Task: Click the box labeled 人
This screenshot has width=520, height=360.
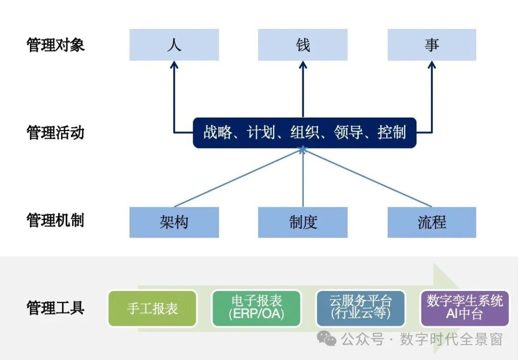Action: click(174, 45)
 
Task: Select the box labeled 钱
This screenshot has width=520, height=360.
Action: click(303, 45)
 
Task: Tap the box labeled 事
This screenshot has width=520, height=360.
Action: click(432, 45)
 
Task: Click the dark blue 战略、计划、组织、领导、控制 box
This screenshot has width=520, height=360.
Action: click(304, 133)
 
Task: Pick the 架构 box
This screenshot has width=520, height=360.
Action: click(174, 222)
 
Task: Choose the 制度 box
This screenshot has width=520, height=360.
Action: click(303, 222)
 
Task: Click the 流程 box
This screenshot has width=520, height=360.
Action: click(432, 222)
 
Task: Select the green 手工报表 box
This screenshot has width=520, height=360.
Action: click(152, 308)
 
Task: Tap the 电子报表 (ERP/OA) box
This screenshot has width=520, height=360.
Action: click(256, 308)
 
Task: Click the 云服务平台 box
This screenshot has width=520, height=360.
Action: click(361, 308)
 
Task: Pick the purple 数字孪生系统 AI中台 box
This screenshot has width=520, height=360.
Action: click(465, 308)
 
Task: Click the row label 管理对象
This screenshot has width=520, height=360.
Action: click(55, 45)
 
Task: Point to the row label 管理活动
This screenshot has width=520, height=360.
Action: click(55, 133)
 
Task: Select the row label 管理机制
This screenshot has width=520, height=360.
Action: click(55, 221)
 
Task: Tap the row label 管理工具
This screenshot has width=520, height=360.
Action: click(55, 307)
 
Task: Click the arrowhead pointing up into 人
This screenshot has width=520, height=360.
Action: click(174, 64)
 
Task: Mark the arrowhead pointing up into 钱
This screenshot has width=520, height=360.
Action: click(303, 64)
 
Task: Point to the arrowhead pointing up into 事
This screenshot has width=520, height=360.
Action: click(432, 64)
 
